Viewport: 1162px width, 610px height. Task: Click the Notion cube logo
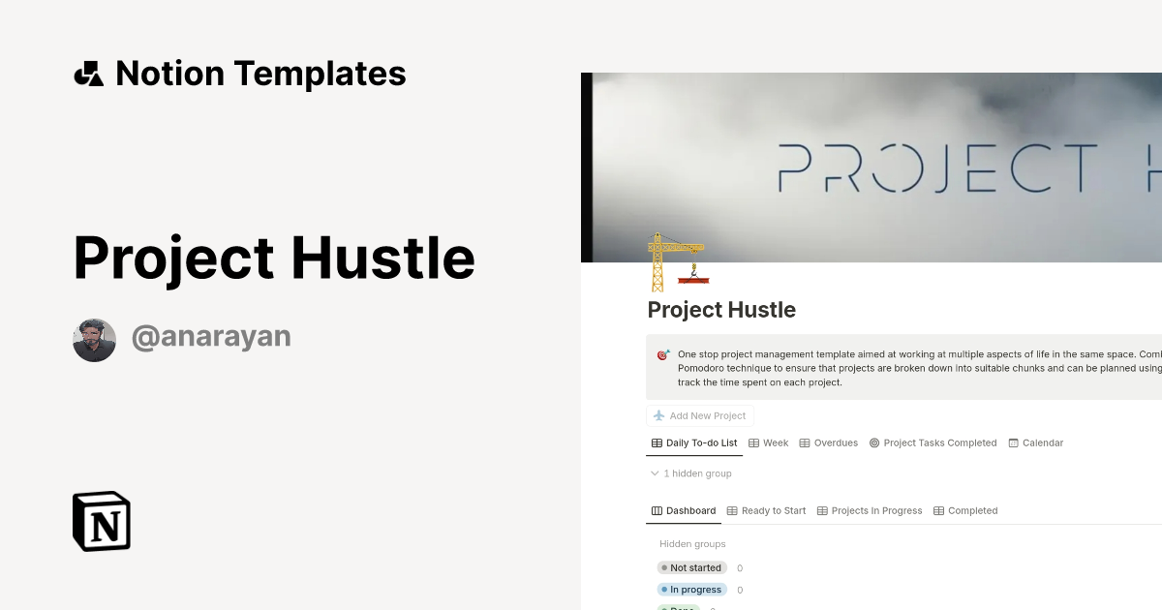pos(102,521)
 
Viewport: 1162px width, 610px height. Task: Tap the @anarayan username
pos(210,337)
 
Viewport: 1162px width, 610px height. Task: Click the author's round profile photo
pos(95,340)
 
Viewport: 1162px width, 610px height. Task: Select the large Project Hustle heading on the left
pos(274,258)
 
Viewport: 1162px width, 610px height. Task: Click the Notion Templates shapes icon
pos(89,74)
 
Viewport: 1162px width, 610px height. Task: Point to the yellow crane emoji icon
pos(675,261)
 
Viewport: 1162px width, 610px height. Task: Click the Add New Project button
pos(699,416)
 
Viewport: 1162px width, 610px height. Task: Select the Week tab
pos(769,443)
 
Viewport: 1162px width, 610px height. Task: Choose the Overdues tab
pos(829,443)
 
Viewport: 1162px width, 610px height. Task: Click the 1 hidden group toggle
pos(690,473)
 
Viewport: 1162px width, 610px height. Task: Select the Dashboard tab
pos(684,511)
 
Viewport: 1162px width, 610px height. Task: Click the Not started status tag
pos(691,568)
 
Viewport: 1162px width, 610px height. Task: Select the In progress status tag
pos(691,590)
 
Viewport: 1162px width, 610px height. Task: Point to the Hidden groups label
pos(692,544)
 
